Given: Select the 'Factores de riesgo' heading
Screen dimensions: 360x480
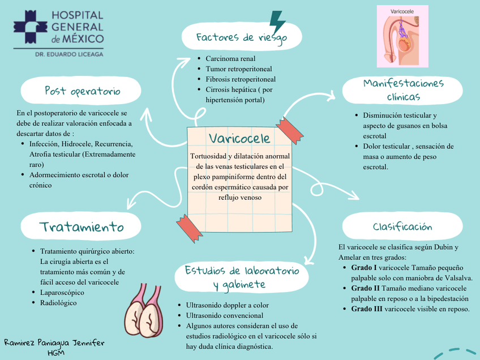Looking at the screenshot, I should click(x=241, y=38).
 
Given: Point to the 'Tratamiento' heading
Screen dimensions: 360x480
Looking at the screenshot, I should click(x=82, y=227).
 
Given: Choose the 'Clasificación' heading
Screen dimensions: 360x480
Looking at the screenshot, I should click(x=402, y=227).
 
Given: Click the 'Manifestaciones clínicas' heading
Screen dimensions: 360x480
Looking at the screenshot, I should click(x=403, y=89).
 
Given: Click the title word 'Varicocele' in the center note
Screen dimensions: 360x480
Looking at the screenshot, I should click(x=239, y=138).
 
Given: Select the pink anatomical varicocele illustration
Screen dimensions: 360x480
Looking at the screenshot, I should click(x=402, y=36).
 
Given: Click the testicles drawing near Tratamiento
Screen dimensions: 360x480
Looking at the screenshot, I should click(x=145, y=314).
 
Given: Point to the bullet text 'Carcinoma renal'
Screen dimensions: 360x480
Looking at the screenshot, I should click(x=230, y=58).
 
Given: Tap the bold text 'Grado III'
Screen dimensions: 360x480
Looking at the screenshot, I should click(x=366, y=309).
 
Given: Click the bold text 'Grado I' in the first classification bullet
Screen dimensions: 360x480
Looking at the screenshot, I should click(x=363, y=267).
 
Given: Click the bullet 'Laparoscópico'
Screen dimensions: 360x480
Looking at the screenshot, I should click(x=62, y=293).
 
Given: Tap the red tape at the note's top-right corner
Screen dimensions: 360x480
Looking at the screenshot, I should click(x=289, y=129).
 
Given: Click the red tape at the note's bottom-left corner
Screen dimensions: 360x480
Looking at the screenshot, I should click(x=189, y=227).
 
